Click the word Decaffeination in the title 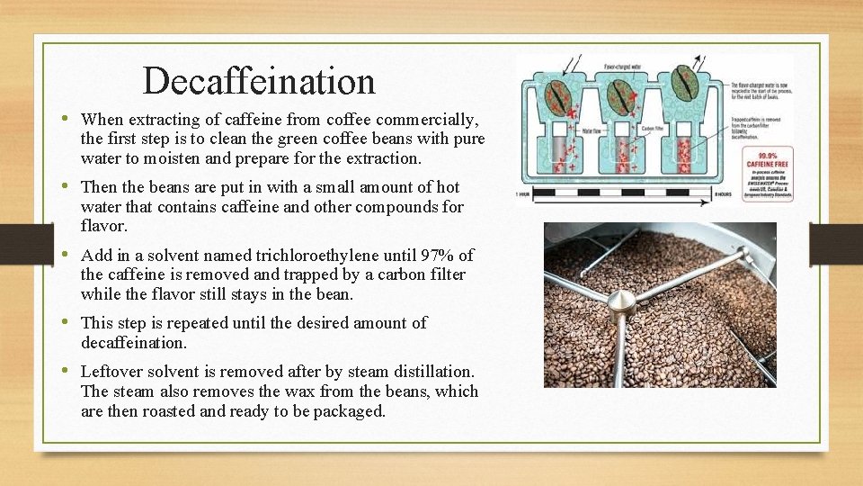(x=259, y=81)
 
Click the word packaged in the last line (x=349, y=411)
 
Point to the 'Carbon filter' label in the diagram (x=652, y=129)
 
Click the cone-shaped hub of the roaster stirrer (x=621, y=304)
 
